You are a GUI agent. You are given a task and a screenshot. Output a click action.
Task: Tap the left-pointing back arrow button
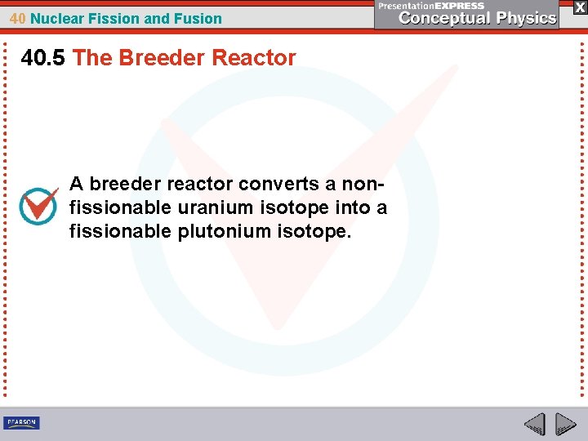534,424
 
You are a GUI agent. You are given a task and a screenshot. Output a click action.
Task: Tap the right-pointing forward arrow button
565,424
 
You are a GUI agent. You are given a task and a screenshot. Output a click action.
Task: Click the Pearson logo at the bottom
21,423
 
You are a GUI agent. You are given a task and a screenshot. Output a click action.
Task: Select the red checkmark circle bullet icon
38,207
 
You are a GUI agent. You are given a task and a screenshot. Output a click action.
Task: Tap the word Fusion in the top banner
199,18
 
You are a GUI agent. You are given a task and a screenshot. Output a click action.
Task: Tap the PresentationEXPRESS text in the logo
431,6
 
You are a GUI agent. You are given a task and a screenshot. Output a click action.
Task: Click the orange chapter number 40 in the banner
18,18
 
